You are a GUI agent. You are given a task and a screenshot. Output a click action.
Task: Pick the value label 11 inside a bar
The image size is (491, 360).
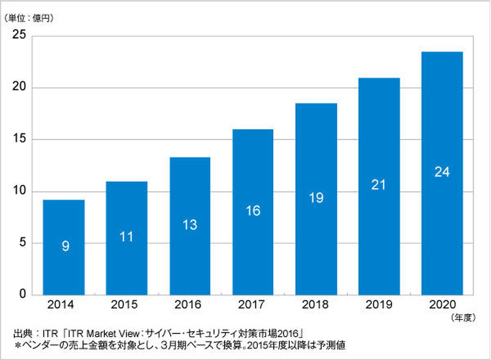pyautogui.click(x=126, y=237)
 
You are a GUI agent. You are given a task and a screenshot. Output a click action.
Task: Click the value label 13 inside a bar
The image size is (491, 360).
pyautogui.click(x=190, y=225)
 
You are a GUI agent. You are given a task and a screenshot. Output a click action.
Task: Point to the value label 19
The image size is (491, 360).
pyautogui.click(x=315, y=198)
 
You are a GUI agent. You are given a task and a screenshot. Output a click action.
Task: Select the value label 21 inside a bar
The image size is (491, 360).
pyautogui.click(x=379, y=184)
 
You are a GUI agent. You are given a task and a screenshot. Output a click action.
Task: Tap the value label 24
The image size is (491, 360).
pyautogui.click(x=442, y=172)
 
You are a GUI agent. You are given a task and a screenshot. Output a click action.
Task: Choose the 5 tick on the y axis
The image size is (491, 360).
pyautogui.click(x=22, y=243)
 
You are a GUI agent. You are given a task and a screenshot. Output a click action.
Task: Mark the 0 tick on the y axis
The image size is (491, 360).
pyautogui.click(x=22, y=294)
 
